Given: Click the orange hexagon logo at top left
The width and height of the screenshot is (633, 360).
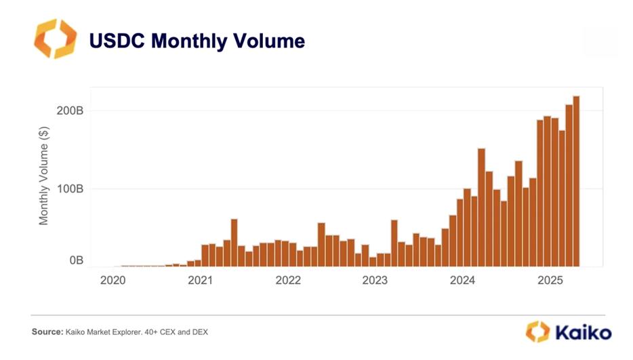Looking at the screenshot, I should tap(56, 39).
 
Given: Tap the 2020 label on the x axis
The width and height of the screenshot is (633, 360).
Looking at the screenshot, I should tap(113, 279).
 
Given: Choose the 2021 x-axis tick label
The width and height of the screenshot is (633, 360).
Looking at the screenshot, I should tap(201, 279).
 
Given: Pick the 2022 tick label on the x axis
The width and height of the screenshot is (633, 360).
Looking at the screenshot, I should tap(288, 279).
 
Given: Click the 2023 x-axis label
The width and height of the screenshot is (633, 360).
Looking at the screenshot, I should tap(375, 279).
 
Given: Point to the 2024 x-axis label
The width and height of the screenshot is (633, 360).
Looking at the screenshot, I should tap(463, 279).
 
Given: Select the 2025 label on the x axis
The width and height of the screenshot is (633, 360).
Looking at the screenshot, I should tap(550, 279).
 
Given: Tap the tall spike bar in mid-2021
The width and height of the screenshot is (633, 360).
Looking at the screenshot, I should tap(234, 243).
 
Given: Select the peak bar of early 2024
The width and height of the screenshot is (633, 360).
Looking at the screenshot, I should tap(481, 207).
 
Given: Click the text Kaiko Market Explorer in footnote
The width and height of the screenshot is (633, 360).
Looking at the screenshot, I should tap(102, 332).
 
